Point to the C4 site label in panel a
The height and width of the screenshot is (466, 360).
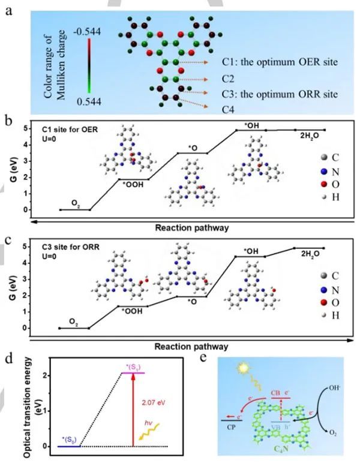(216, 110)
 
